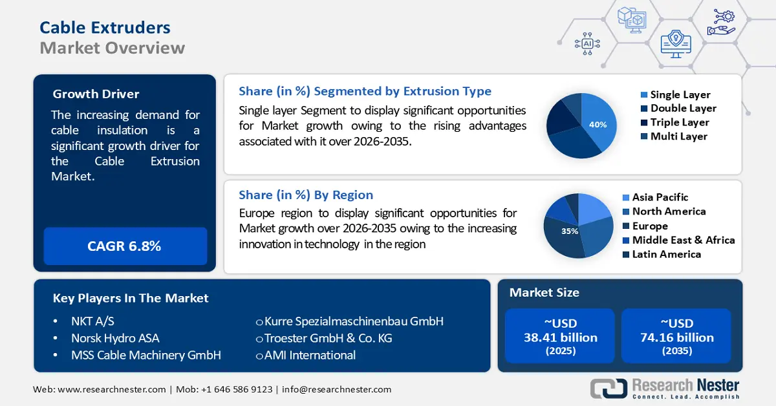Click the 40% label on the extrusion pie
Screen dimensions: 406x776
(x=598, y=124)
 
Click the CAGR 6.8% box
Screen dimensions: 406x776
(x=124, y=246)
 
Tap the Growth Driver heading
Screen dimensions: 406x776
(x=96, y=94)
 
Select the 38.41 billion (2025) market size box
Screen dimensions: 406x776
(x=560, y=336)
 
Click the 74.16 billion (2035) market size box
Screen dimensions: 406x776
(x=676, y=336)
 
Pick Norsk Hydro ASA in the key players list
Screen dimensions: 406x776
(x=115, y=338)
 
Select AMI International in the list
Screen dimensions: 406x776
(x=309, y=355)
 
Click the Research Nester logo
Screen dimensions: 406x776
(x=665, y=389)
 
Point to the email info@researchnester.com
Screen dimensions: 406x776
(x=336, y=389)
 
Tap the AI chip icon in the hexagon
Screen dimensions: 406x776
(x=587, y=43)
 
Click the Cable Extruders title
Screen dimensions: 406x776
(x=105, y=27)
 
